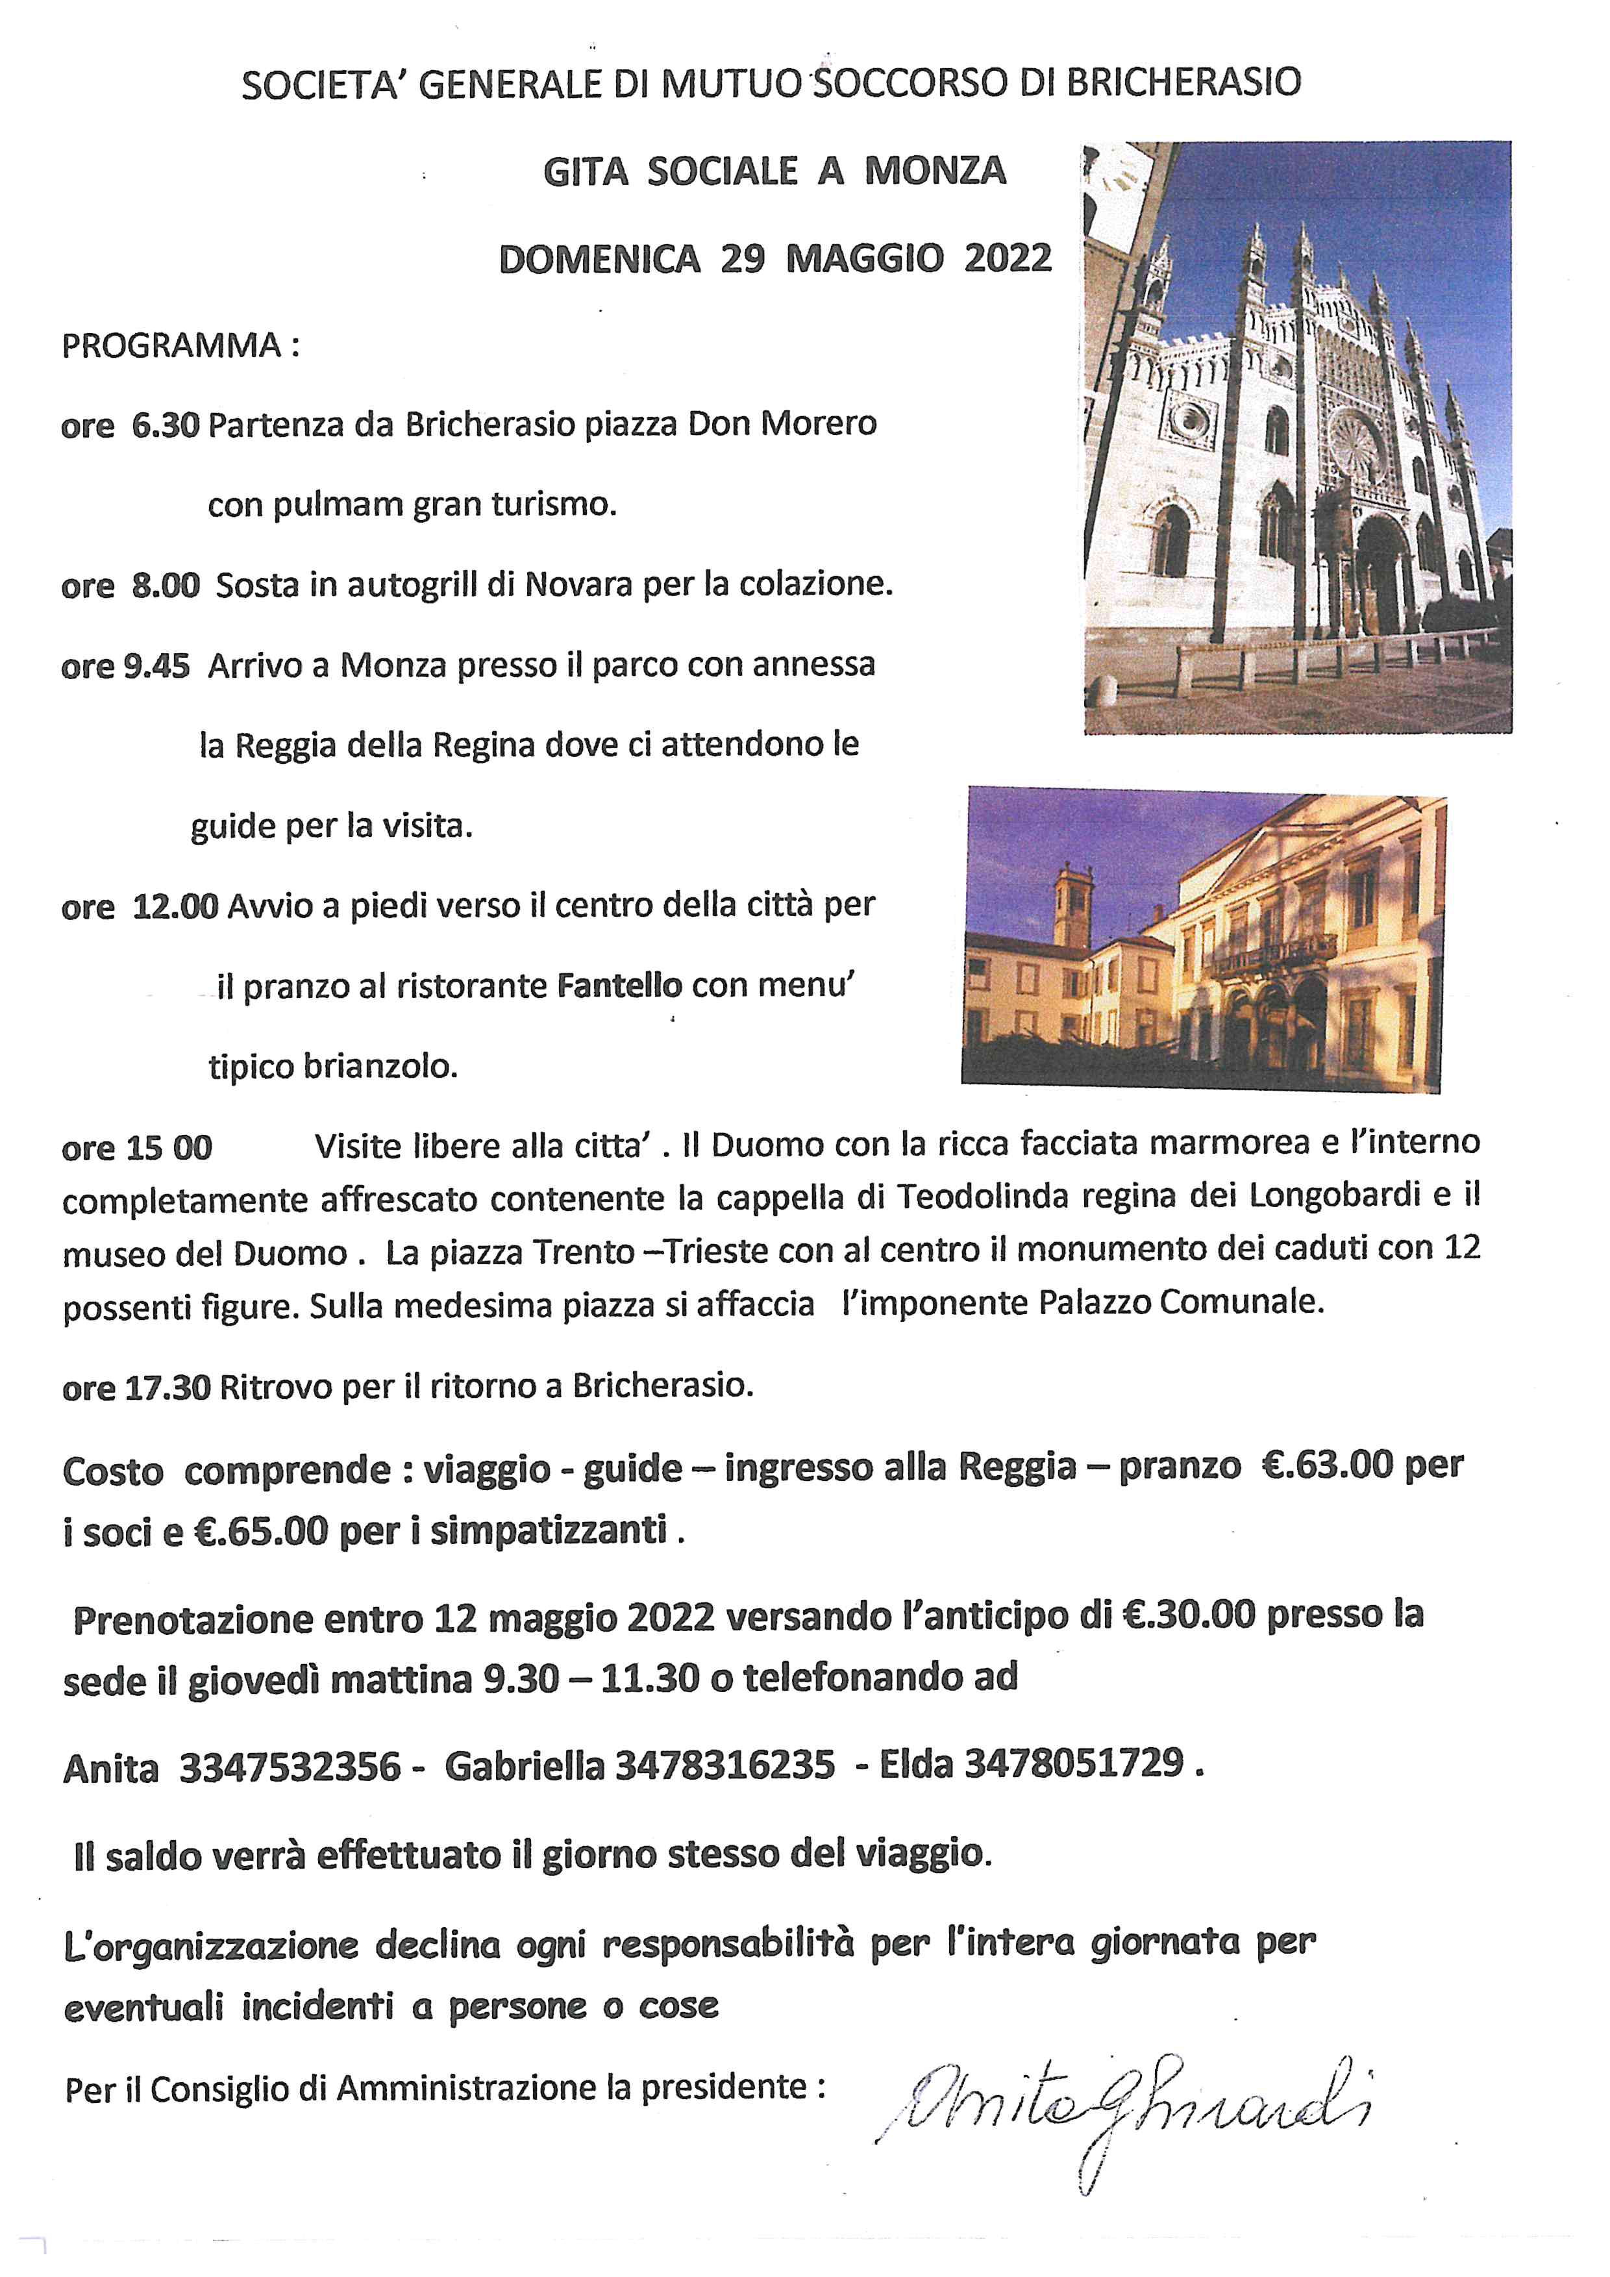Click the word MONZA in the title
coord(935,171)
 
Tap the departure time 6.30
coord(166,425)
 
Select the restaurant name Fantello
coord(619,985)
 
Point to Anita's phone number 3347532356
coord(290,1766)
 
